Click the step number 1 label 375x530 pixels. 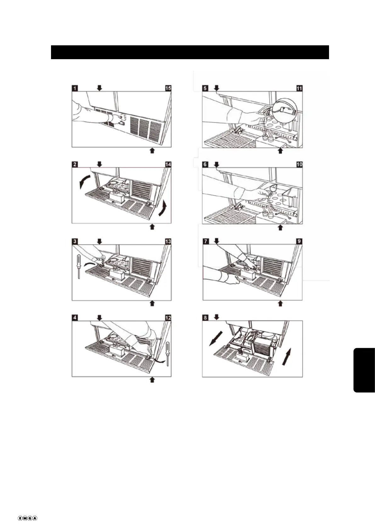click(75, 88)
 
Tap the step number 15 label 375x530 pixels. click(168, 88)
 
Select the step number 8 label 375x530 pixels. click(205, 318)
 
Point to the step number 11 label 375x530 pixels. click(299, 88)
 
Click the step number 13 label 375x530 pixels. click(168, 241)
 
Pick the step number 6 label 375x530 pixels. click(205, 164)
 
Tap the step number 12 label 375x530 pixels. click(168, 318)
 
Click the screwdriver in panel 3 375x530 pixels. click(79, 267)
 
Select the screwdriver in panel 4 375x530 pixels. click(168, 353)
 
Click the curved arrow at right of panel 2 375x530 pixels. click(163, 207)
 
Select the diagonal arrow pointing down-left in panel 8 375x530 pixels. click(216, 338)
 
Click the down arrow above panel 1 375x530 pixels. click(99, 88)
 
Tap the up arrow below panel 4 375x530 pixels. click(152, 380)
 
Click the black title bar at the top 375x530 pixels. click(190, 52)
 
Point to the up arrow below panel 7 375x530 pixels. click(280, 303)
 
